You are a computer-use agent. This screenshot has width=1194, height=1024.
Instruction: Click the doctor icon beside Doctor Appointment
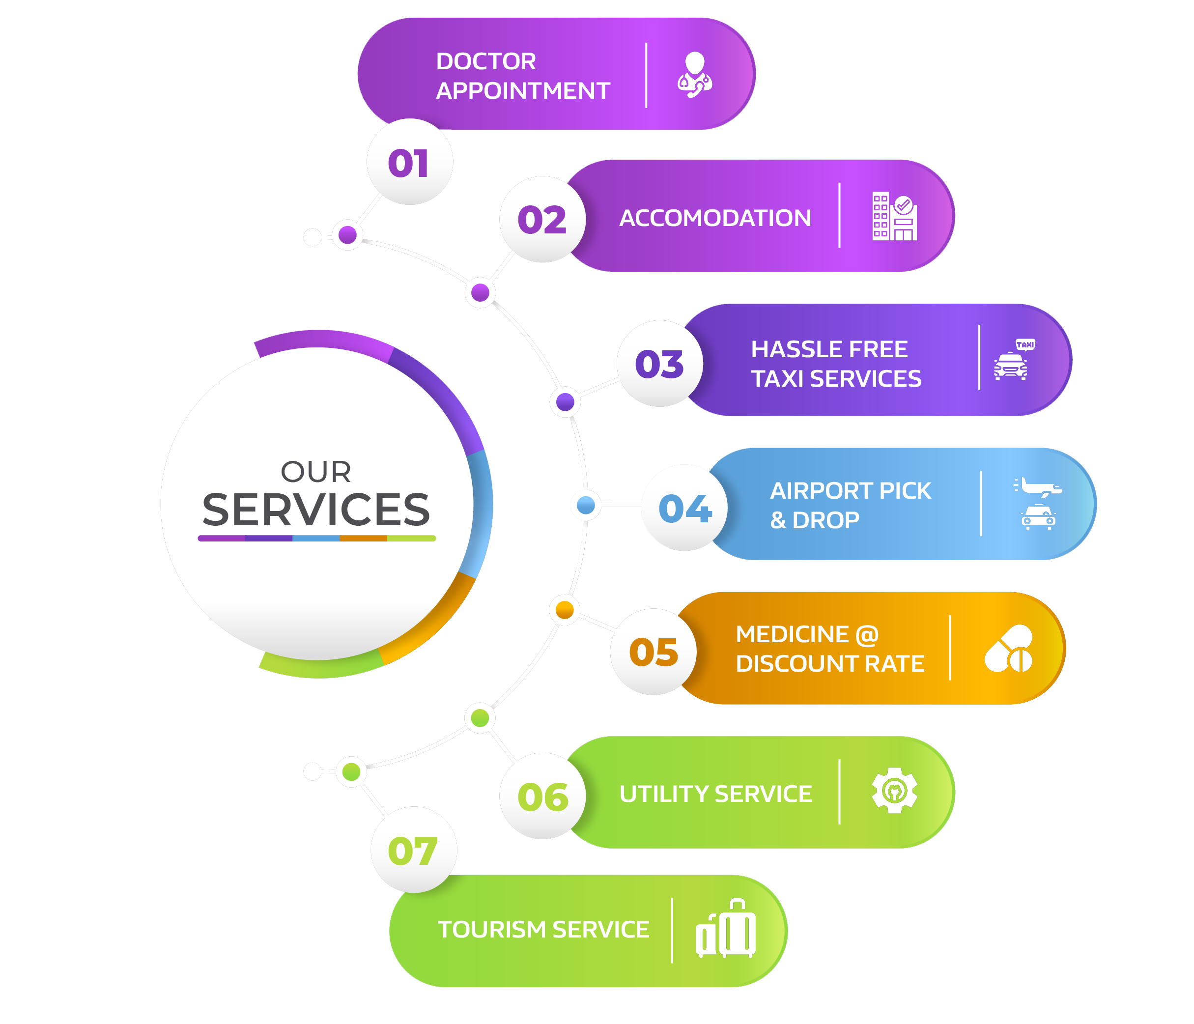694,75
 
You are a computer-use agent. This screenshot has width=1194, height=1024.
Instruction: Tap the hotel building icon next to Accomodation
894,216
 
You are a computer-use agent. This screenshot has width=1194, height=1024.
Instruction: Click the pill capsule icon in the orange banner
1008,648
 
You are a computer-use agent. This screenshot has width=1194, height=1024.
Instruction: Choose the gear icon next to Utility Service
894,791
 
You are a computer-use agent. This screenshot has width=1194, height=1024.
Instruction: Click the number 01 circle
409,163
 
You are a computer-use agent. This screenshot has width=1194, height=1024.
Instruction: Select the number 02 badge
542,220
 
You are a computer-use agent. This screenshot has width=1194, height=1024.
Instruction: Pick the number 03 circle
660,364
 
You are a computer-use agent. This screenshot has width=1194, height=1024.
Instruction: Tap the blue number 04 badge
685,508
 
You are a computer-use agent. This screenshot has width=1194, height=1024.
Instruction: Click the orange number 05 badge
654,652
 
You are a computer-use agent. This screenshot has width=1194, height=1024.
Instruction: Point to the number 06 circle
543,796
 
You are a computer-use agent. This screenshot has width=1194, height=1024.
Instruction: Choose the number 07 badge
413,851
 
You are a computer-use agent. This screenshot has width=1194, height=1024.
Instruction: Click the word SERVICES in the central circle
316,510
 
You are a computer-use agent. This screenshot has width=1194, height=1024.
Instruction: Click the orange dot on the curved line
565,609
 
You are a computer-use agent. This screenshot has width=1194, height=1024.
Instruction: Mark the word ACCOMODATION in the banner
715,218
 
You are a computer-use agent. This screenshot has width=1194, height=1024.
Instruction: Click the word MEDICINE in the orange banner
792,634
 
